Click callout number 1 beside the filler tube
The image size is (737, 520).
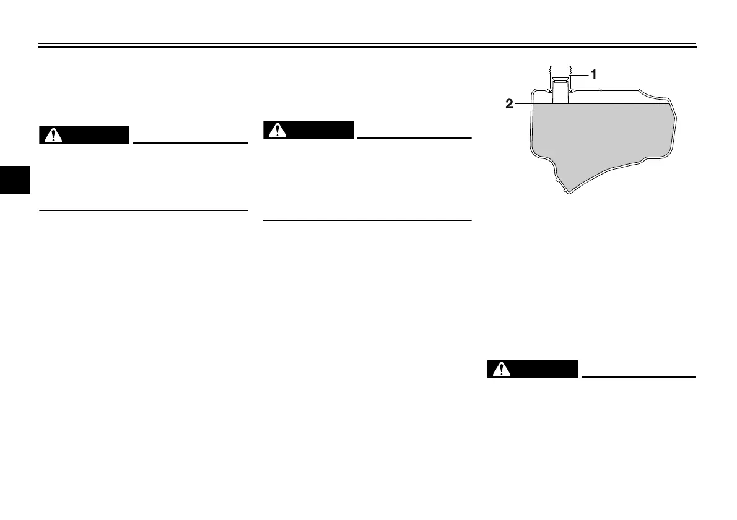(593, 74)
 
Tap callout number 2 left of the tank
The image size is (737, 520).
(509, 105)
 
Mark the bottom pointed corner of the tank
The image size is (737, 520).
(566, 191)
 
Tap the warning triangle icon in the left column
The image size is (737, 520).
(53, 136)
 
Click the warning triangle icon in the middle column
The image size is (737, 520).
(277, 131)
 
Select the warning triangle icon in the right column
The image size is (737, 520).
(501, 370)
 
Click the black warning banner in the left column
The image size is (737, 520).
(84, 136)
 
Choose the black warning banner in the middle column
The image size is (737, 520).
(308, 131)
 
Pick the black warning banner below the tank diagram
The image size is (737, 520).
(532, 370)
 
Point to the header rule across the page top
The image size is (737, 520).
(368, 45)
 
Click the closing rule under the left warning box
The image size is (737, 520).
(143, 210)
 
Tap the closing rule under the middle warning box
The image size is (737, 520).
(367, 220)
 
